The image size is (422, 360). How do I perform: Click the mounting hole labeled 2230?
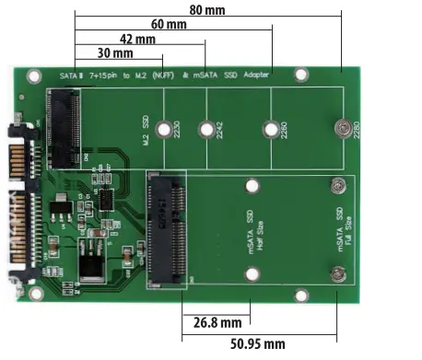(166, 131)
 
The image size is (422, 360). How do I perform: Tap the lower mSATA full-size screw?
(338, 273)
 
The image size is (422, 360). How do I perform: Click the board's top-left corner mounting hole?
(35, 77)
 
